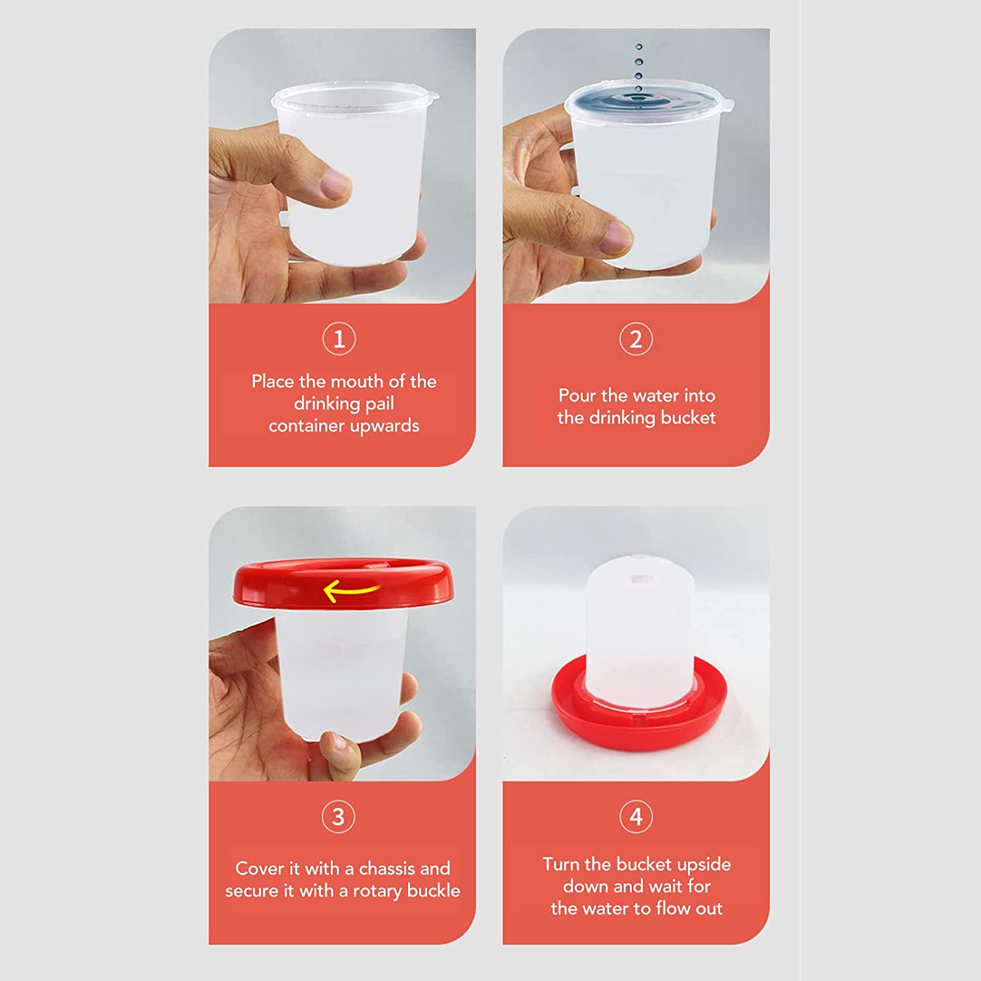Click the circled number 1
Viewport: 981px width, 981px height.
click(x=339, y=339)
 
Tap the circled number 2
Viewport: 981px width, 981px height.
click(x=636, y=339)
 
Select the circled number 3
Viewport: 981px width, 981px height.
click(x=338, y=816)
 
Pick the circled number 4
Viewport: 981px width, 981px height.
click(x=636, y=816)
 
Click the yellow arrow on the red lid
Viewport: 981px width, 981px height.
click(x=350, y=591)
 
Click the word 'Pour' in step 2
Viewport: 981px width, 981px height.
click(x=577, y=396)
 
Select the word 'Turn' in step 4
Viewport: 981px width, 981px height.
click(x=561, y=865)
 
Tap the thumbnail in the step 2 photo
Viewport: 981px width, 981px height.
click(x=617, y=233)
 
